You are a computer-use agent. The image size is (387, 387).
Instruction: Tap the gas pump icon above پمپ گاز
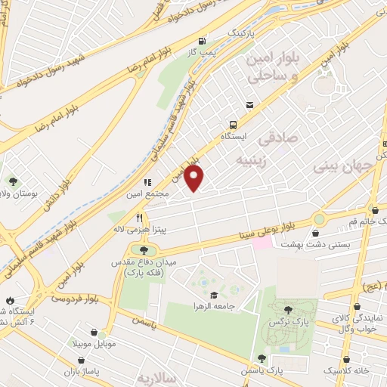coord(202,42)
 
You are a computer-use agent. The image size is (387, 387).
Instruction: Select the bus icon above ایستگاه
coord(233,125)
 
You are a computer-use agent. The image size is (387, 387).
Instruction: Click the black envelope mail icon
coord(248,105)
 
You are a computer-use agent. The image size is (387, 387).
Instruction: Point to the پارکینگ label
coord(245,35)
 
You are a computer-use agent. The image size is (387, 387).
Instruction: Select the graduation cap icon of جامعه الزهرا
coord(214,295)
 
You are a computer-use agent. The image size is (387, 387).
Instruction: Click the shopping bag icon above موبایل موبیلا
coord(93,332)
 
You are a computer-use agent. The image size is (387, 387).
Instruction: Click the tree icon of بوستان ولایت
coord(13,181)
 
